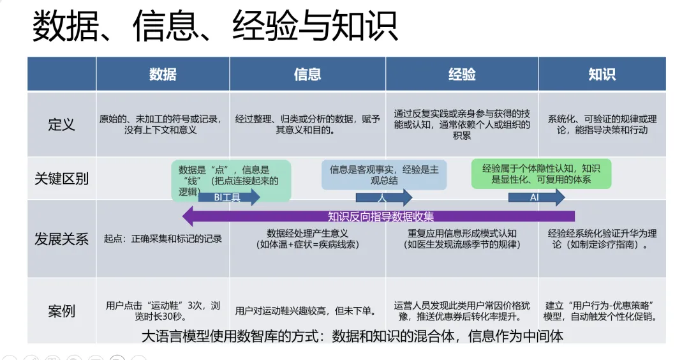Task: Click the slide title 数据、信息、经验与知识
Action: [215, 26]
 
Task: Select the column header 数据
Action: [163, 74]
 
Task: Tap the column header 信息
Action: [307, 74]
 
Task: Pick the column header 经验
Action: [462, 74]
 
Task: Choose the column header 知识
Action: [602, 74]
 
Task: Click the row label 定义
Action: [61, 124]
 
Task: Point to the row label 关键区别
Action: [61, 179]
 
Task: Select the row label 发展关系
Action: [61, 239]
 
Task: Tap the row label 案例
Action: [61, 311]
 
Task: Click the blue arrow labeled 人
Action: [383, 197]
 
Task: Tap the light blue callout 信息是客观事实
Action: [384, 175]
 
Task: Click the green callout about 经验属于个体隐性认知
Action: [541, 174]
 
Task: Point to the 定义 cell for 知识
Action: [602, 124]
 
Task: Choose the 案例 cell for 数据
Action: [163, 311]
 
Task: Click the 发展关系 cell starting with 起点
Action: [163, 239]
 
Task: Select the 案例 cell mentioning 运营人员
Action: [462, 311]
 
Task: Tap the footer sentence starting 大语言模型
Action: [352, 336]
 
